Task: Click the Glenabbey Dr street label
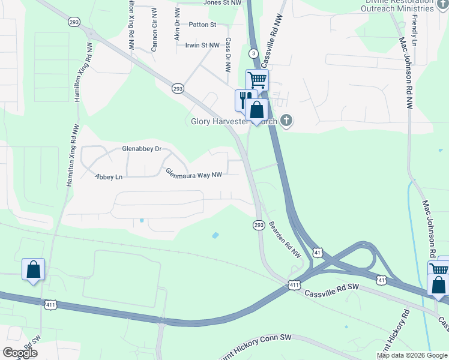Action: pyautogui.click(x=142, y=148)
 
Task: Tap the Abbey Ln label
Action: pyautogui.click(x=109, y=177)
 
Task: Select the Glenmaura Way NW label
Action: pyautogui.click(x=194, y=174)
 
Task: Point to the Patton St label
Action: pyautogui.click(x=202, y=25)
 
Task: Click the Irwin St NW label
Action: pyautogui.click(x=202, y=45)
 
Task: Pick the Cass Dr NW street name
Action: pyautogui.click(x=228, y=56)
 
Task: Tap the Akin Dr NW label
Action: pyautogui.click(x=177, y=25)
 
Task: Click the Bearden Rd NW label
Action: pyautogui.click(x=285, y=239)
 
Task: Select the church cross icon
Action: pyautogui.click(x=286, y=121)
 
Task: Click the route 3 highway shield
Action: pyautogui.click(x=254, y=53)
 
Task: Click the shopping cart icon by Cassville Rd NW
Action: pyautogui.click(x=257, y=79)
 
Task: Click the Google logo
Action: pyautogui.click(x=20, y=353)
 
